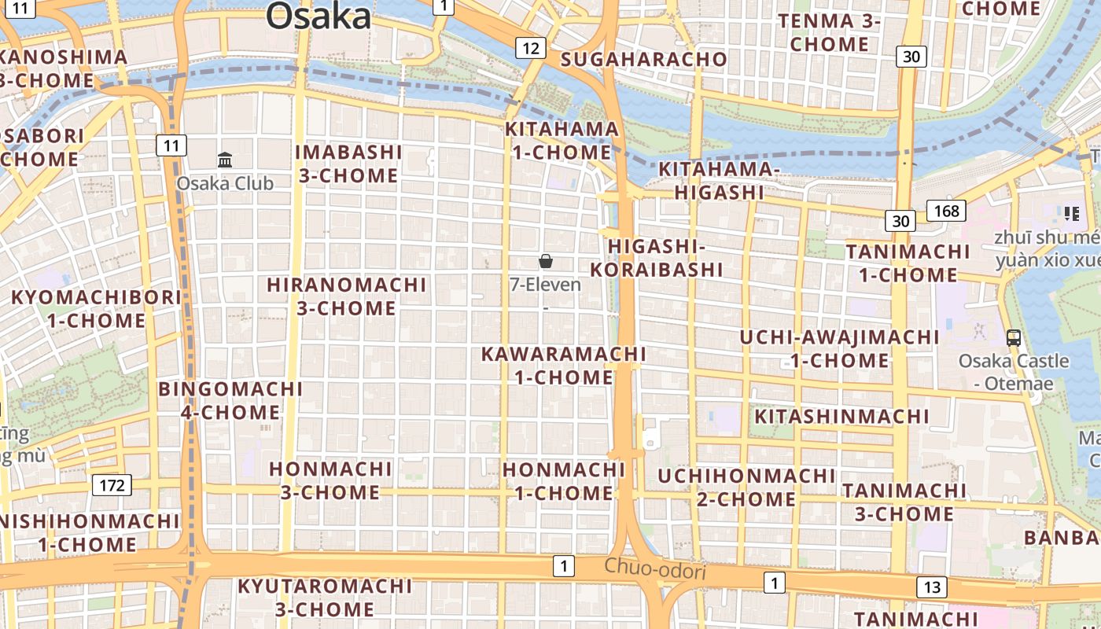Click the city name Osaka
pos(318,16)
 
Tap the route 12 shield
pos(531,49)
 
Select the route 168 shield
pos(946,211)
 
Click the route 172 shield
pos(112,485)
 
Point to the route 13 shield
pos(932,587)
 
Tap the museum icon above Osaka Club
pos(225,160)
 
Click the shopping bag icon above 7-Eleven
pos(546,261)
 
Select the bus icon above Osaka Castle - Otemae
pos(1014,338)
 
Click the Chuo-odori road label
pos(655,569)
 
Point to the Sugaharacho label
pos(644,60)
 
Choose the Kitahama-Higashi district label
pos(719,181)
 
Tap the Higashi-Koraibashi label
pos(657,258)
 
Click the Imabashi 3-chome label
pos(348,164)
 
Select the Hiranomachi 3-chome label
pos(347,296)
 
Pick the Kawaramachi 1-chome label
pos(563,366)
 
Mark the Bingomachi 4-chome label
pos(230,401)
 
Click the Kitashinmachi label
pos(841,416)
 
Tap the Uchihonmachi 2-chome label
pos(746,487)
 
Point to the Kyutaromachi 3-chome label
pos(325,598)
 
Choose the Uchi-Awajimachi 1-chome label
pos(839,349)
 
